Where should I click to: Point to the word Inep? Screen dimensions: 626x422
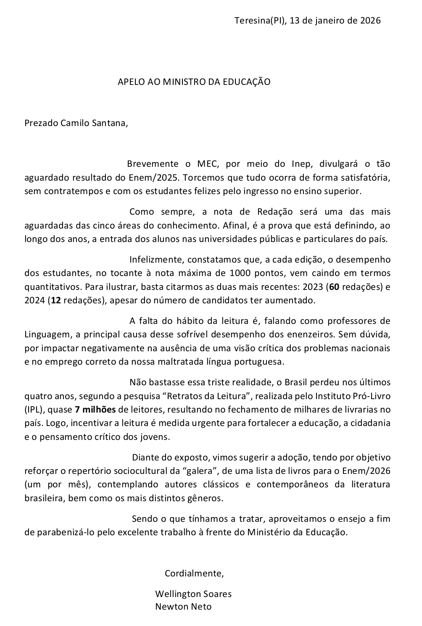tap(301, 163)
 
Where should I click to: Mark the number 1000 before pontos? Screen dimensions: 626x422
tap(240, 273)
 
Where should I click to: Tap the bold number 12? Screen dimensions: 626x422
tap(55, 300)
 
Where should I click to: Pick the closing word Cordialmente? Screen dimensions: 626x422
tap(194, 573)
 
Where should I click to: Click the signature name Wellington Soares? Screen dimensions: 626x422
tap(193, 594)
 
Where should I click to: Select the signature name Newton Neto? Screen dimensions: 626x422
tap(183, 607)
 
